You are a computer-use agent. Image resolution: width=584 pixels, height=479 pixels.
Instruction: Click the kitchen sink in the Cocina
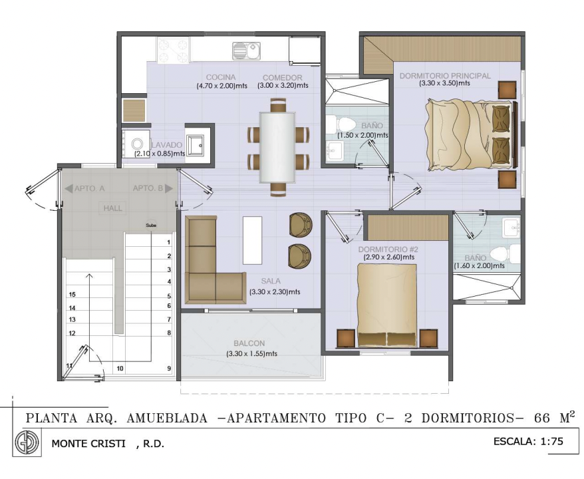[246, 51]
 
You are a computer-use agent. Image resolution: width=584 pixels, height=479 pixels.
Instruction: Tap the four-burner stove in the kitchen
[173, 49]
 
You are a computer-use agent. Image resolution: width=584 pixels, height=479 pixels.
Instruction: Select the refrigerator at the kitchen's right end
[304, 51]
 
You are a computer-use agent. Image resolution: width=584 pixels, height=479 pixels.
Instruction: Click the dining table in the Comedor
[277, 147]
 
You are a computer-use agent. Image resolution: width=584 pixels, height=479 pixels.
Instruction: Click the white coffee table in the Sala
[252, 241]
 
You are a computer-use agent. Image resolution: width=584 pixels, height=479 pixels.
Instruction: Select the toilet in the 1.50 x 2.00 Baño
[341, 123]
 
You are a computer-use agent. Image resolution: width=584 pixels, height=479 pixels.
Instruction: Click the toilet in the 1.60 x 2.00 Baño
[505, 253]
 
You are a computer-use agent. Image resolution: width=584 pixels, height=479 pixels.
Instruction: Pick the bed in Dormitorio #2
[387, 305]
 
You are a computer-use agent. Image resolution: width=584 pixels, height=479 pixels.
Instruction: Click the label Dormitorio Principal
[445, 76]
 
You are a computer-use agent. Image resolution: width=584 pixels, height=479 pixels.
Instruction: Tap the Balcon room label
[249, 343]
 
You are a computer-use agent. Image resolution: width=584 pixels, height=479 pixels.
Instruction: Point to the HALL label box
[113, 208]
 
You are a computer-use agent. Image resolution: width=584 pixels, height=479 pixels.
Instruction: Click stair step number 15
[73, 295]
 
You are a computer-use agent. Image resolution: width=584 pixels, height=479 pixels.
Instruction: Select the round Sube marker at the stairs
[151, 226]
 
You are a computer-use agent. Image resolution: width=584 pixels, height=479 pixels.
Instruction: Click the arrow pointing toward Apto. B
[169, 188]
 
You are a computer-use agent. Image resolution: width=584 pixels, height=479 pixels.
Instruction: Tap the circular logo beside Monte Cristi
[27, 442]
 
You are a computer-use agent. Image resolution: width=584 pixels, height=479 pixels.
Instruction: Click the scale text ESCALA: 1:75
[528, 441]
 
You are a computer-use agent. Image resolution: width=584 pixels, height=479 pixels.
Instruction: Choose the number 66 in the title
[542, 418]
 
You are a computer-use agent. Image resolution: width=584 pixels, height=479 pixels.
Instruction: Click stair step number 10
[120, 369]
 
